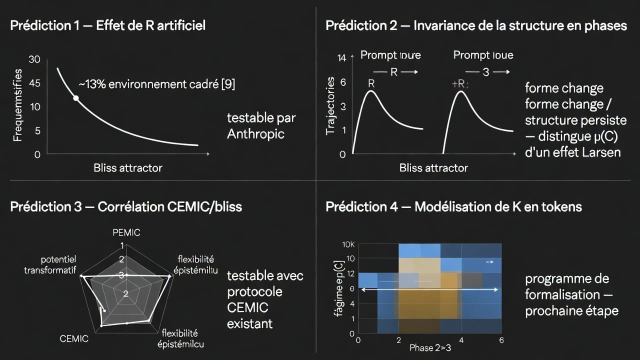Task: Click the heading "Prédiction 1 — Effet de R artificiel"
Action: (x=107, y=25)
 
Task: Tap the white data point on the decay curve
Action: (x=76, y=98)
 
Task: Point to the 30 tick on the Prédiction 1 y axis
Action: (x=34, y=59)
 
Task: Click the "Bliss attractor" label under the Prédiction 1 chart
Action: (x=128, y=168)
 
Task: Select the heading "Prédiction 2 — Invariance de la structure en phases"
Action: (x=476, y=25)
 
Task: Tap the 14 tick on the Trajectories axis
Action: (x=342, y=58)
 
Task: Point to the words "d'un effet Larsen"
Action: (x=572, y=152)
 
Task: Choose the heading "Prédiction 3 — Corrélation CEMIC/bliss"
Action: (x=126, y=206)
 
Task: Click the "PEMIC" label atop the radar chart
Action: (x=126, y=232)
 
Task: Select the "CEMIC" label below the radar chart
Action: (x=74, y=338)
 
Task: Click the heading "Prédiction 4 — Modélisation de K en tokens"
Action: (x=453, y=206)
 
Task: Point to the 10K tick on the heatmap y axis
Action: (x=348, y=245)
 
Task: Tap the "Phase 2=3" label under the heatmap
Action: (x=429, y=348)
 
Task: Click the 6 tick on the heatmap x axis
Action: (x=501, y=340)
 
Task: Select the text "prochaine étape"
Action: (x=571, y=310)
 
